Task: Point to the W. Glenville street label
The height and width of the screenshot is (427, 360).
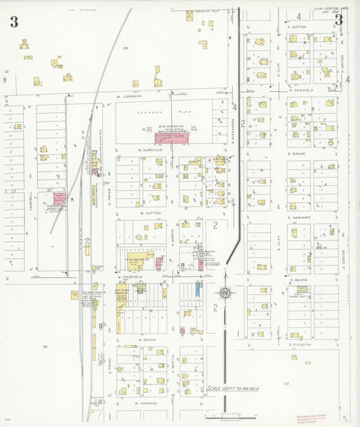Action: pyautogui.click(x=151, y=149)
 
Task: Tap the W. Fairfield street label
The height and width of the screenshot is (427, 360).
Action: pyautogui.click(x=128, y=276)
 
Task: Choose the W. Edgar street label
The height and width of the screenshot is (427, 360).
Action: pyautogui.click(x=147, y=339)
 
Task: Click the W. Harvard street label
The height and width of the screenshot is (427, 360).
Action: pyautogui.click(x=145, y=403)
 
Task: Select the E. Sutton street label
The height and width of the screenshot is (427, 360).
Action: pyautogui.click(x=297, y=26)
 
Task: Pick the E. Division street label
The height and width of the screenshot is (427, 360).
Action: pyautogui.click(x=299, y=344)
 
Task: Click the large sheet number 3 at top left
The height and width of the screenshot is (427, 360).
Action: pyautogui.click(x=14, y=22)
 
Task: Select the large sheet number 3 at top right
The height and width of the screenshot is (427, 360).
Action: pyautogui.click(x=338, y=19)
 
